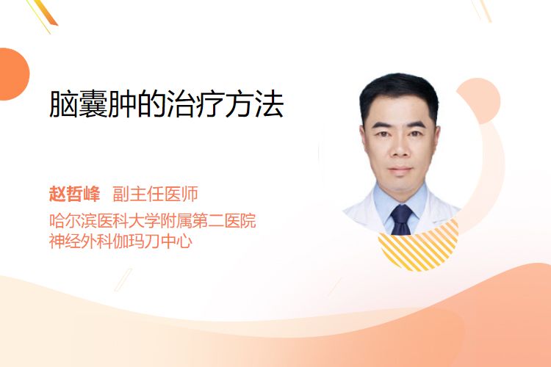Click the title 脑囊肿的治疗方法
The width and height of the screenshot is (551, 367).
pyautogui.click(x=166, y=104)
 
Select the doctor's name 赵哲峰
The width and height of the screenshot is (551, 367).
pyautogui.click(x=74, y=194)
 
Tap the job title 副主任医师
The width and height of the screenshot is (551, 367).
pyautogui.click(x=155, y=194)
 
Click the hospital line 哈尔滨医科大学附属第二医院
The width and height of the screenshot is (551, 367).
pyautogui.click(x=153, y=221)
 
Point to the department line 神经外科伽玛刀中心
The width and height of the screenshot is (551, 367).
pyautogui.click(x=121, y=241)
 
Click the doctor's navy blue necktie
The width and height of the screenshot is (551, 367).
pyautogui.click(x=402, y=219)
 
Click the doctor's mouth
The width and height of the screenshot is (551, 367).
pyautogui.click(x=400, y=170)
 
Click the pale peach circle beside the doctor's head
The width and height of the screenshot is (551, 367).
pyautogui.click(x=480, y=101)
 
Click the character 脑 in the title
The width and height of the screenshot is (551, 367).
pyautogui.click(x=64, y=104)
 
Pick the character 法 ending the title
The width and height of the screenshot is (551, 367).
pyautogui.click(x=270, y=104)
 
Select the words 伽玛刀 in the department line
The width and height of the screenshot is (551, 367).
pyautogui.click(x=137, y=241)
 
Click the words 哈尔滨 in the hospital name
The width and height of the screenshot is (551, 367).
pyautogui.click(x=73, y=221)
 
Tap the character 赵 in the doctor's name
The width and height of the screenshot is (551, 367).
pyautogui.click(x=57, y=194)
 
